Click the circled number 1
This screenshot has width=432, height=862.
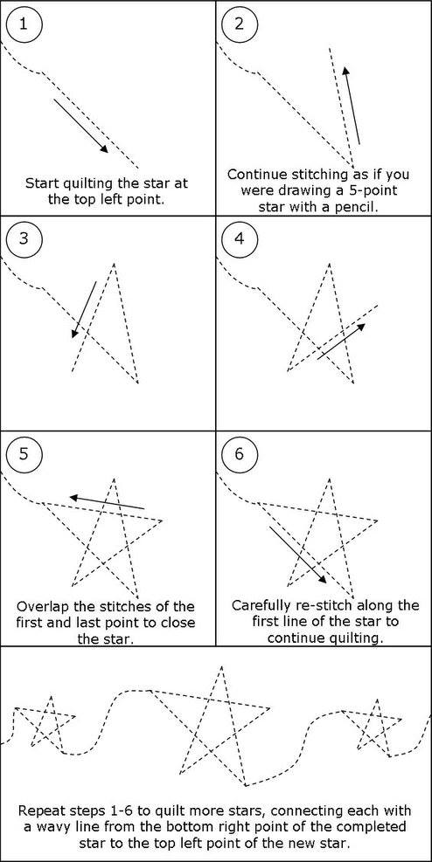click(23, 24)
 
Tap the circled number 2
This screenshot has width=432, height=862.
click(238, 24)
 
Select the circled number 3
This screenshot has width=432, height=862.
click(23, 240)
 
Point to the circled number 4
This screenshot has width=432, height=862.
click(238, 240)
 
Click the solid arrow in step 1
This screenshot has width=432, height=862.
click(81, 127)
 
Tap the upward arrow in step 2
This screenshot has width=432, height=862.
click(352, 105)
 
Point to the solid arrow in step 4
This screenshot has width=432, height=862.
click(341, 341)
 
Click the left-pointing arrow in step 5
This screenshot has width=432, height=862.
click(107, 502)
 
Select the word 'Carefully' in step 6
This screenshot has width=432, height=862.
click(256, 606)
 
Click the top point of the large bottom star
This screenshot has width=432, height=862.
click(222, 667)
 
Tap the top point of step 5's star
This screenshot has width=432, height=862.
click(114, 479)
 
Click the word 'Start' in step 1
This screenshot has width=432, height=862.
click(40, 183)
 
